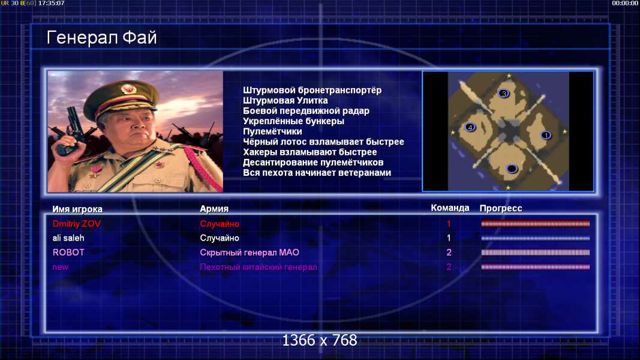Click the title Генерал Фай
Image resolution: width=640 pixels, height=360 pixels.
(101, 38)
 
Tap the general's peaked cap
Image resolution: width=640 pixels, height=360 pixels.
(121, 97)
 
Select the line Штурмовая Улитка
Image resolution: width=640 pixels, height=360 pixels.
(286, 100)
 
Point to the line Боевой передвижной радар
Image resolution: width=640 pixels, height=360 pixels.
(306, 111)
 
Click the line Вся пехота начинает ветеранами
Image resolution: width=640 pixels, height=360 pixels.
(317, 173)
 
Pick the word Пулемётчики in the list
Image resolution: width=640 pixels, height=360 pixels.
(272, 131)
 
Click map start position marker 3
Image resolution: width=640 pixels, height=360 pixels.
(504, 94)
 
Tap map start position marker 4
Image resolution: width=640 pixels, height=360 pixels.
(470, 127)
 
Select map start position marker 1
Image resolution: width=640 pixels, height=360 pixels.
(546, 135)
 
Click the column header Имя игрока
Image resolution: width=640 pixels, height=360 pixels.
(77, 209)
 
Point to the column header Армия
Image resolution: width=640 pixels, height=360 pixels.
(214, 209)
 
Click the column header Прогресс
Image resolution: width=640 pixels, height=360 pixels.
(501, 208)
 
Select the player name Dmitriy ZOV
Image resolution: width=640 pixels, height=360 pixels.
(77, 224)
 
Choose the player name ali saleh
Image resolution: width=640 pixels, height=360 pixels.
(68, 238)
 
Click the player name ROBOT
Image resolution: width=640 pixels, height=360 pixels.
(68, 252)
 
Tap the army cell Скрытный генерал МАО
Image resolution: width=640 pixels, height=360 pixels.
(250, 252)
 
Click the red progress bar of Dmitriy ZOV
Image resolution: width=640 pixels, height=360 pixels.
(535, 224)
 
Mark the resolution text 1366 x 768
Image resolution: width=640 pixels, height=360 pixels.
(320, 340)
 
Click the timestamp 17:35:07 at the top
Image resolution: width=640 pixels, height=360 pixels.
(52, 3)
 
